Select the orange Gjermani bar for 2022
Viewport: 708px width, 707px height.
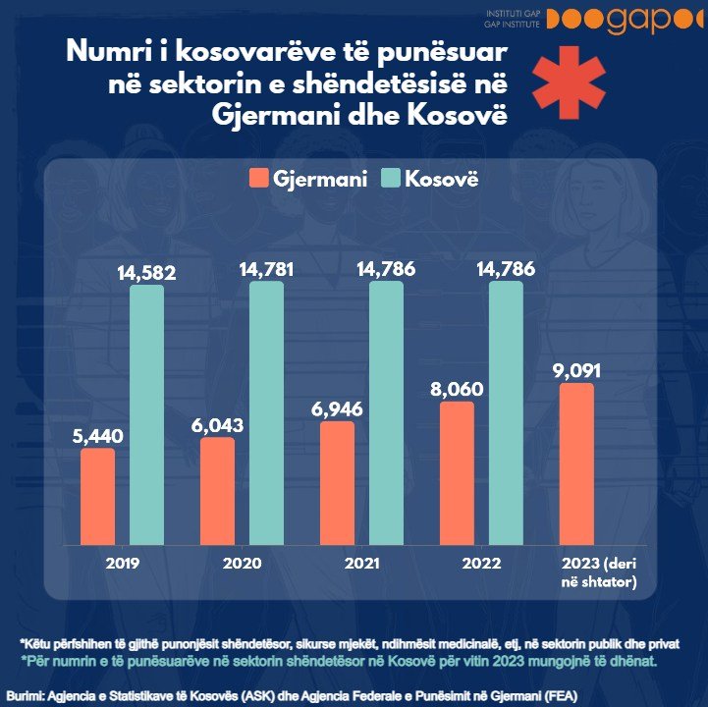click(457, 471)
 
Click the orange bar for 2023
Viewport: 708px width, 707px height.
click(577, 462)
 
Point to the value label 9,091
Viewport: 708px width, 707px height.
click(577, 370)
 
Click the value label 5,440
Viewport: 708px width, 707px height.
click(97, 435)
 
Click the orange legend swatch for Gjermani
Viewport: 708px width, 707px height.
click(259, 179)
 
